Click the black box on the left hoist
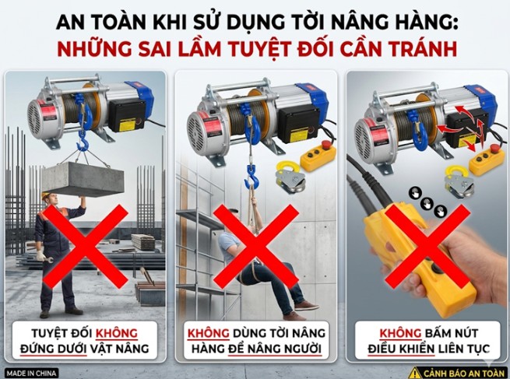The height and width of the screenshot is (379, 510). [123, 115]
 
